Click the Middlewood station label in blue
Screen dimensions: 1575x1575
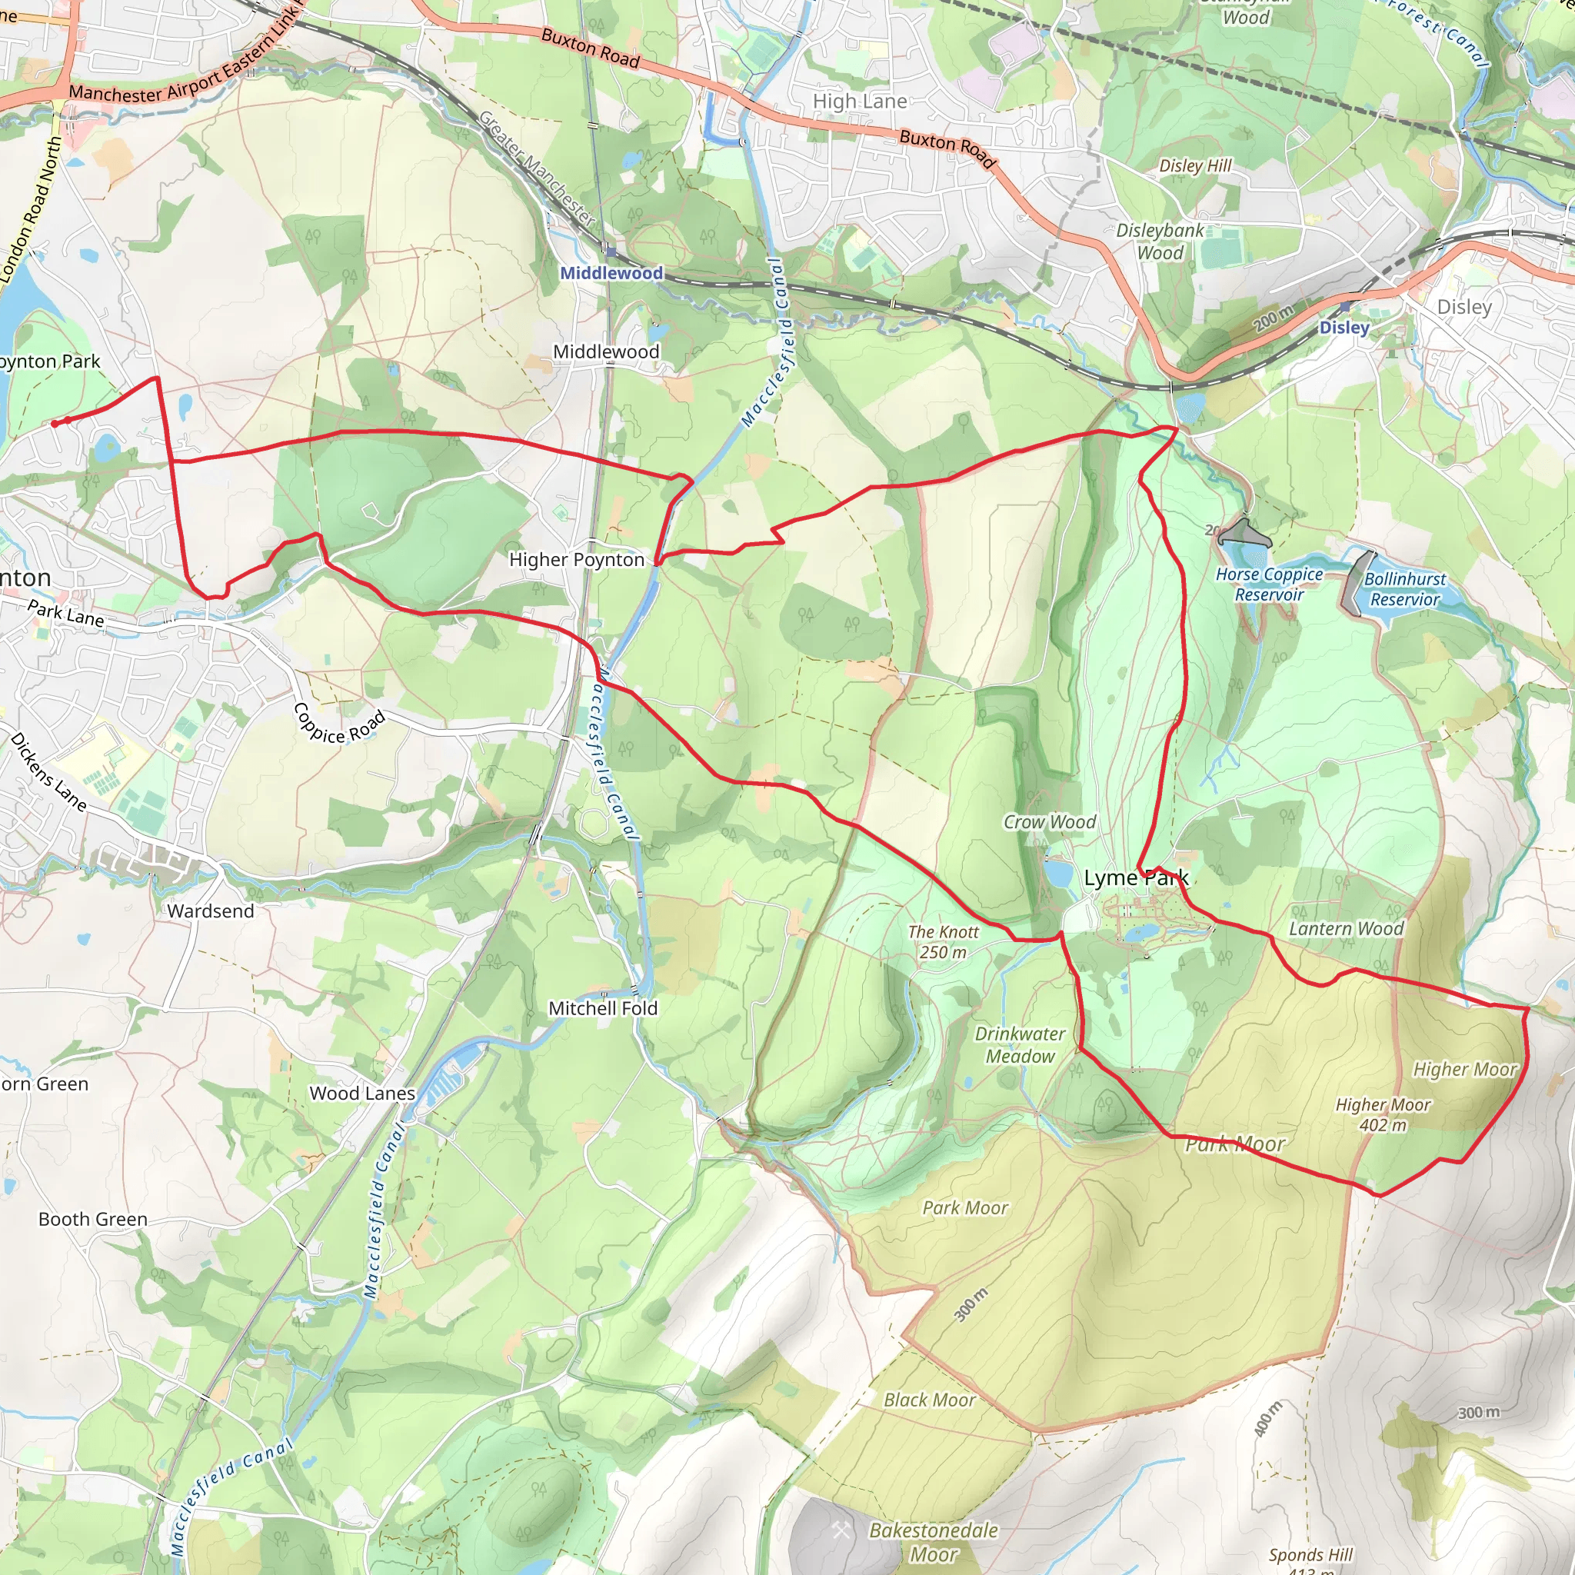pyautogui.click(x=611, y=273)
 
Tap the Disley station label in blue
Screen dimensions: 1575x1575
pyautogui.click(x=1344, y=328)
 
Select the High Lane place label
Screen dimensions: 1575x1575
pyautogui.click(x=859, y=101)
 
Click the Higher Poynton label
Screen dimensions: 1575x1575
pyautogui.click(x=576, y=560)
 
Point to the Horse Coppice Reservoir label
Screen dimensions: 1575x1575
pyautogui.click(x=1268, y=584)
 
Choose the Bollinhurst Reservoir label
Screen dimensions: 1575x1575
pyautogui.click(x=1404, y=589)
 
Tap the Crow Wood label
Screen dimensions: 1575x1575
pyautogui.click(x=1049, y=822)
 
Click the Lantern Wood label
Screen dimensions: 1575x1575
pyautogui.click(x=1346, y=928)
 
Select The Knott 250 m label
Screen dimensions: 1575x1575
pyautogui.click(x=943, y=941)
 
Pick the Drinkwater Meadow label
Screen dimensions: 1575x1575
pyautogui.click(x=1020, y=1045)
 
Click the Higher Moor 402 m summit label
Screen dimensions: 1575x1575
pyautogui.click(x=1383, y=1114)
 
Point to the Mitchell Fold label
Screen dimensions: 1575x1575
pyautogui.click(x=602, y=1008)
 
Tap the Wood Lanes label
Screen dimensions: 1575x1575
pyautogui.click(x=362, y=1094)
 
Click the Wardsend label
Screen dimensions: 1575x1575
pyautogui.click(x=210, y=911)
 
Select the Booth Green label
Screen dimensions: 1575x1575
pyautogui.click(x=93, y=1220)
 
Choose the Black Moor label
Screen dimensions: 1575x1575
pyautogui.click(x=929, y=1400)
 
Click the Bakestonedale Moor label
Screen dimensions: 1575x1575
pyautogui.click(x=934, y=1543)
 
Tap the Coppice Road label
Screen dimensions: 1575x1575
pyautogui.click(x=338, y=724)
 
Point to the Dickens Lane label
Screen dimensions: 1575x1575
pyautogui.click(x=48, y=771)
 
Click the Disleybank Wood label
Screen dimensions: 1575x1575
pyautogui.click(x=1160, y=241)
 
